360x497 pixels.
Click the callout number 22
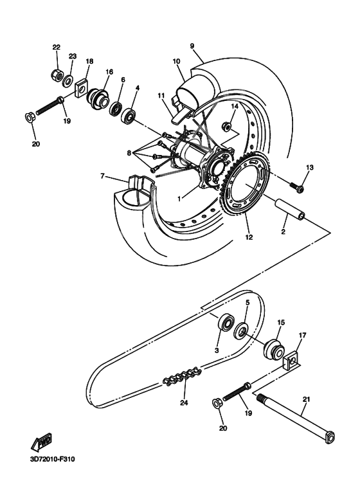coord(56,48)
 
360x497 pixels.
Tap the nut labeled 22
coord(57,75)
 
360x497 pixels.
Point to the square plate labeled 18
coord(82,89)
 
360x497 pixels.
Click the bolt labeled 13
coord(297,187)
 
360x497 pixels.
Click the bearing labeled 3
coord(226,322)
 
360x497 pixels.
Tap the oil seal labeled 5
coord(242,331)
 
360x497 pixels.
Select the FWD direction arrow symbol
coord(41,442)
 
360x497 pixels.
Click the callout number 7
coord(102,176)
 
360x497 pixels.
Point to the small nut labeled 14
coord(227,125)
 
